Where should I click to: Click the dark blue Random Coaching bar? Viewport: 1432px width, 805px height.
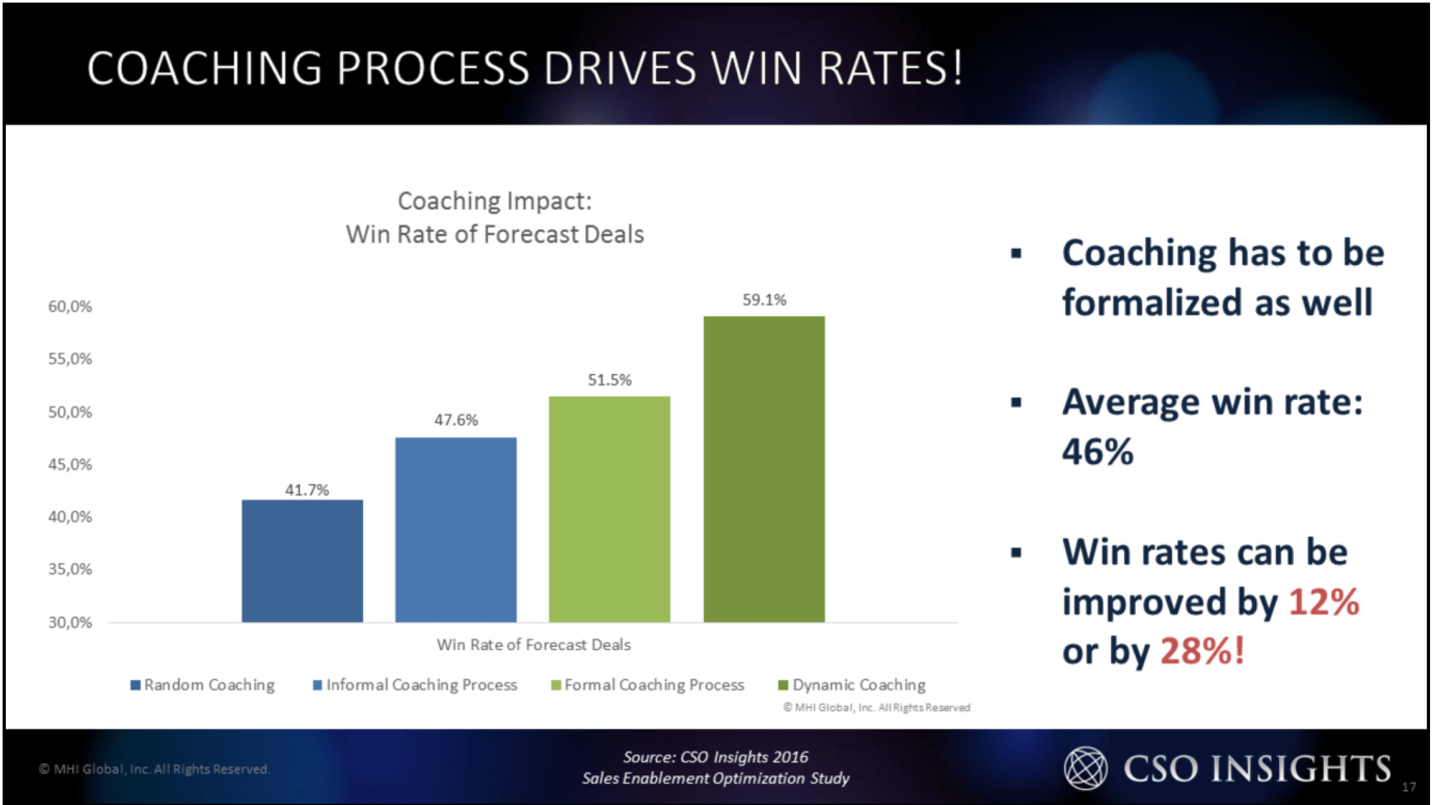302,561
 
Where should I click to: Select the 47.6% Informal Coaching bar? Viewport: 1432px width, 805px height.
456,530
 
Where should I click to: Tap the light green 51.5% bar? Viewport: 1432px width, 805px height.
609,509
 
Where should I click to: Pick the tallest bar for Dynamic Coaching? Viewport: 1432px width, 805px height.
764,469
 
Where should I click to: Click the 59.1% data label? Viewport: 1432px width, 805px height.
764,300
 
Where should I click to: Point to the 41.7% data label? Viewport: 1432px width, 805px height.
307,490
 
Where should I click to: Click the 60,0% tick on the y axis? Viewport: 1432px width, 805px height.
70,307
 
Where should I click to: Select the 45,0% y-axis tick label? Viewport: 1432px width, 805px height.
70,465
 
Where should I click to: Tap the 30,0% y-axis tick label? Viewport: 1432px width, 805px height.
70,623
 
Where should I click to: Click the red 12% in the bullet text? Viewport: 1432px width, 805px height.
1323,602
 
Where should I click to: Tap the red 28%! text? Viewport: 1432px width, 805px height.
1202,651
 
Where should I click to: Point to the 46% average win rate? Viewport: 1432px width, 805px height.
1097,452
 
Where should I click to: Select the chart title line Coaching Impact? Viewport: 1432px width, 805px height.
495,201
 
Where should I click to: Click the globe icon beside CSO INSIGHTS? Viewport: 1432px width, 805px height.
1085,768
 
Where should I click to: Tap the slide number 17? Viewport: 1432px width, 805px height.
1409,787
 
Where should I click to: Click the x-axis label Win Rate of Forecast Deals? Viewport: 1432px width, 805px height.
533,645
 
